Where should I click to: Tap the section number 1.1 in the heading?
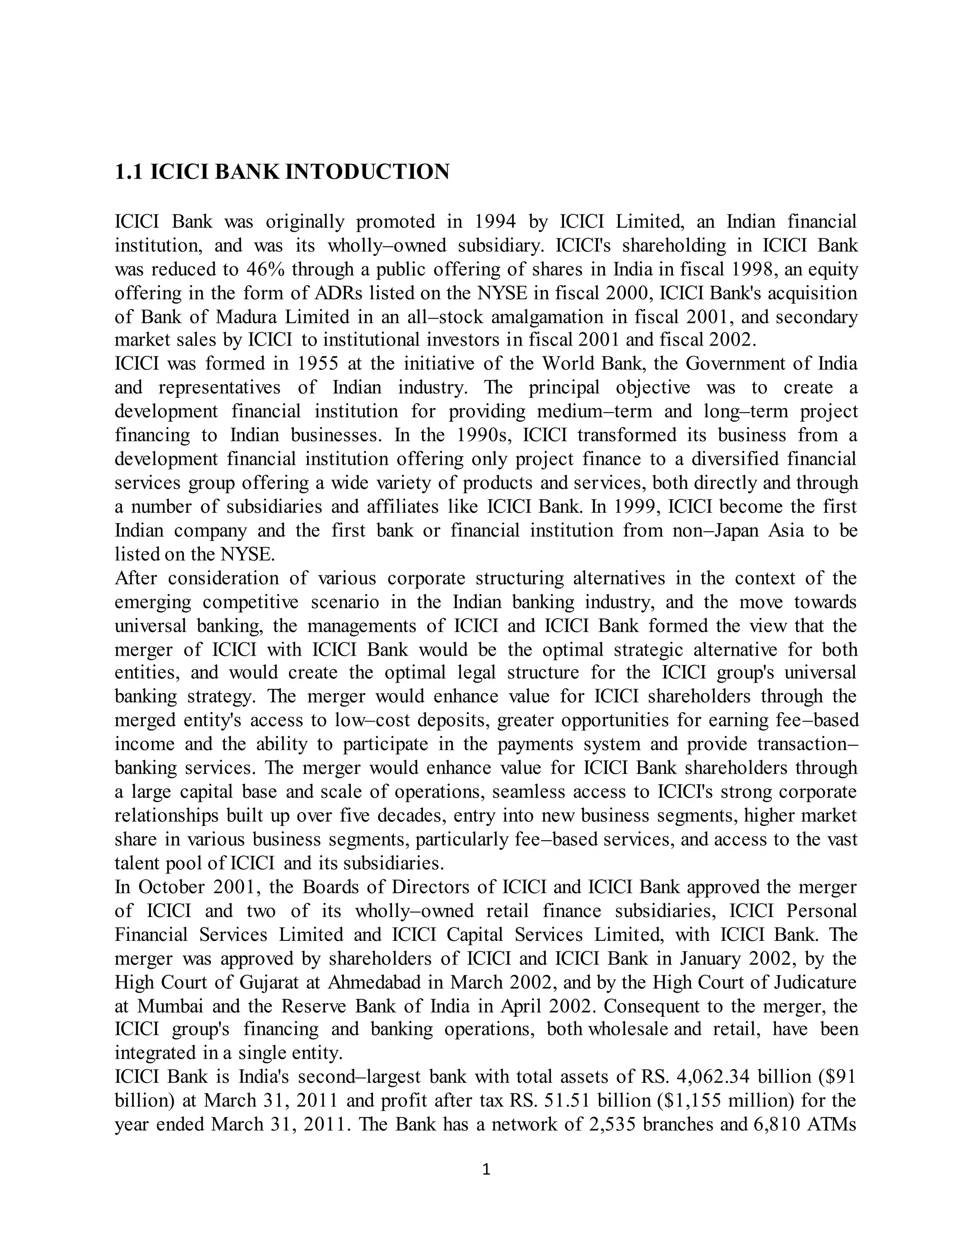click(129, 172)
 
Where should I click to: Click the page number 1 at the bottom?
click(486, 1169)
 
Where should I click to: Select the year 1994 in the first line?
click(495, 221)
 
